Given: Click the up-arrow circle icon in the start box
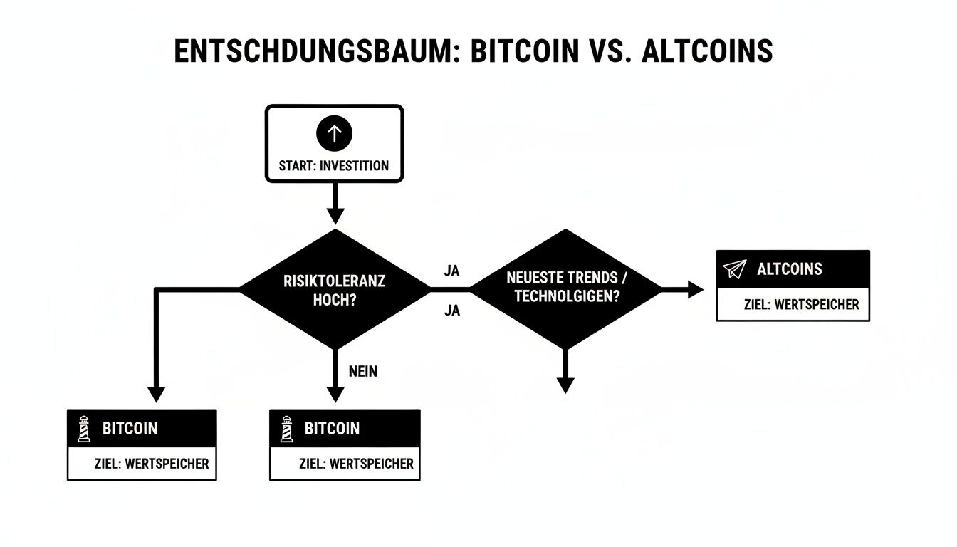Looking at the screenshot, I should [335, 132].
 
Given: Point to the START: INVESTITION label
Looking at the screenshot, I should [335, 166].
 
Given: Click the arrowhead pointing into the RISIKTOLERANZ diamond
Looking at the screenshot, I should [335, 215].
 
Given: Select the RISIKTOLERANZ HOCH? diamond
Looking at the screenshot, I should [335, 289].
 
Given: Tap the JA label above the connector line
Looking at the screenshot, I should [451, 271].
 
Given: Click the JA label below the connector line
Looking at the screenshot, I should [451, 311].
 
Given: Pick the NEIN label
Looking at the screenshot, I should [363, 371].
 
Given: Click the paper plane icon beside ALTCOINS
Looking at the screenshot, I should [733, 269].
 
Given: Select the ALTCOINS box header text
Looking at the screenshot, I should [789, 269].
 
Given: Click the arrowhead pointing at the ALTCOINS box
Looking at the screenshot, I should [695, 289].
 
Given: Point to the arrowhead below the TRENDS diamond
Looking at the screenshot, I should [565, 385].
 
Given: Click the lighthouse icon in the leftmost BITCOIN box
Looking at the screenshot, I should [84, 429].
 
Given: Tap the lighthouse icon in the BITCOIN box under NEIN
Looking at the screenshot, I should [286, 429].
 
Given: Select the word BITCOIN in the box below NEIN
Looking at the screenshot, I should [332, 429].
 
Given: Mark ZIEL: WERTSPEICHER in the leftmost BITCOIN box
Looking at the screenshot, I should [152, 464].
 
